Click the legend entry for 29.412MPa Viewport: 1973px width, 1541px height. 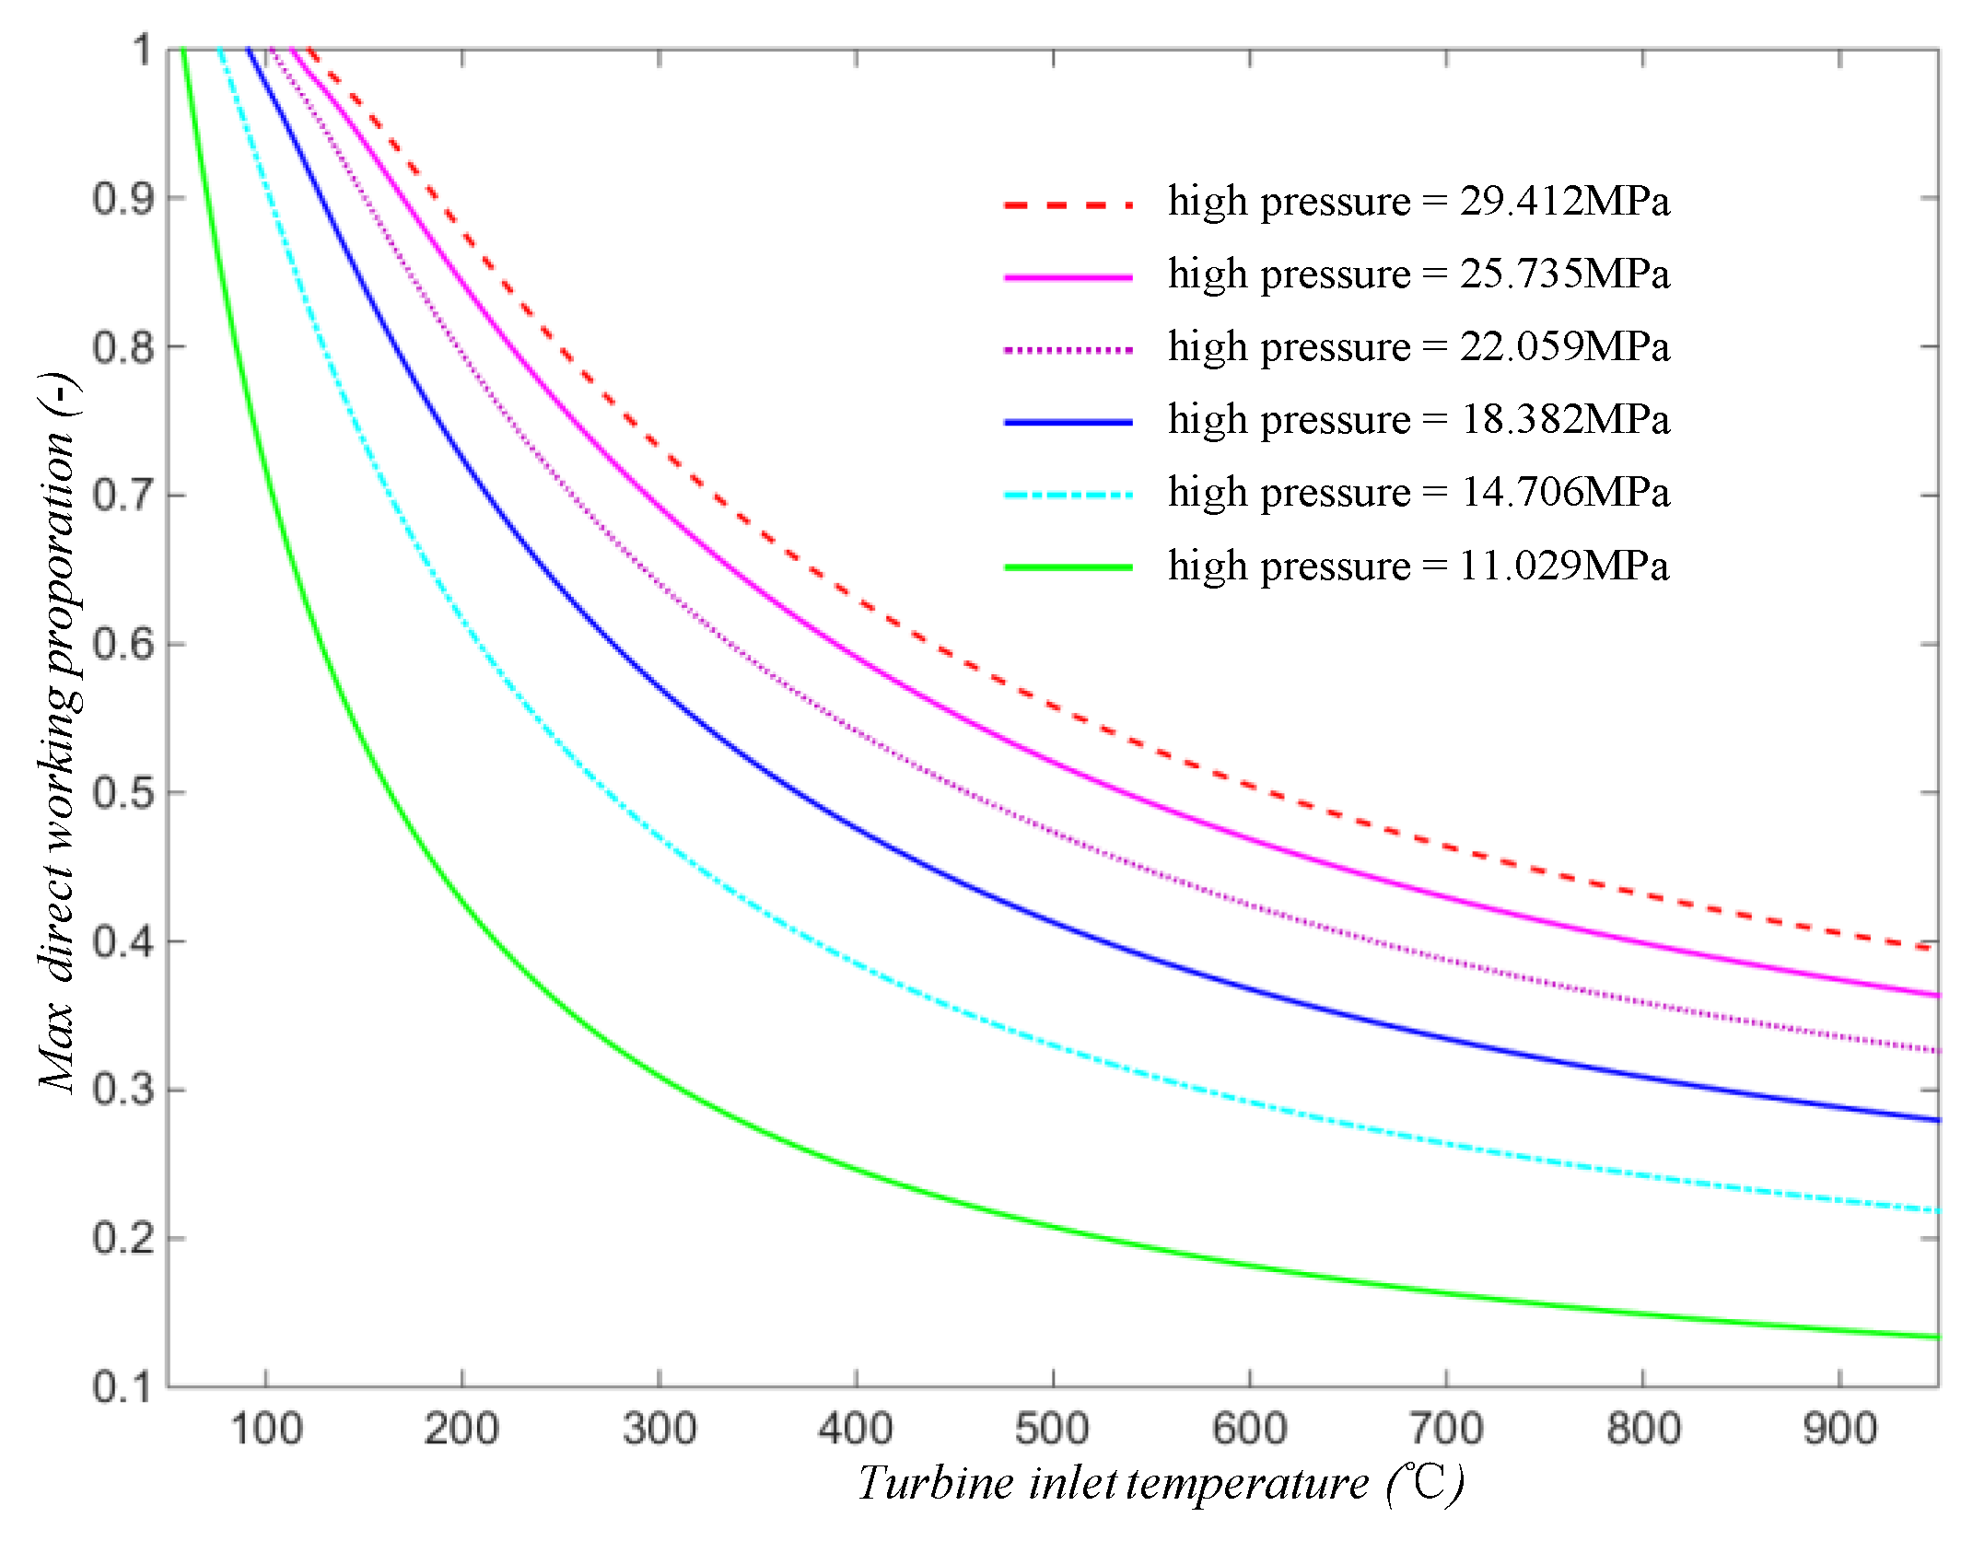click(x=1418, y=202)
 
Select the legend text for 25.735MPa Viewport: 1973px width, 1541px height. click(x=1418, y=274)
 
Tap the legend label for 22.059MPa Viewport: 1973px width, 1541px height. click(x=1418, y=347)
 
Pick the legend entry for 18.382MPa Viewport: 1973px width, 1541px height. click(x=1418, y=420)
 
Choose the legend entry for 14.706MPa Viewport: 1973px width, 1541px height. click(x=1418, y=493)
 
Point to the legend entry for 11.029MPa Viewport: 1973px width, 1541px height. click(x=1418, y=566)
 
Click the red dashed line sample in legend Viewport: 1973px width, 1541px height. click(x=1068, y=204)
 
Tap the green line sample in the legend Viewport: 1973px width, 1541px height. click(x=1068, y=567)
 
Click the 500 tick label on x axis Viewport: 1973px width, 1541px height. click(x=1052, y=1430)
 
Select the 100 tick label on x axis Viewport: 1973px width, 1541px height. click(x=266, y=1430)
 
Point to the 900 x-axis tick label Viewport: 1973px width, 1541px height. click(x=1839, y=1430)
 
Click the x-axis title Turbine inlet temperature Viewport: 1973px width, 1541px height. click(x=1161, y=1484)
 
